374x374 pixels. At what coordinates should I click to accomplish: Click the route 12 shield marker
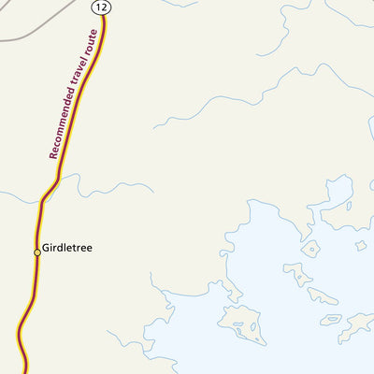point(100,7)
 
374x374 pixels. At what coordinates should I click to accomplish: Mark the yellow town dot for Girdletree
point(37,252)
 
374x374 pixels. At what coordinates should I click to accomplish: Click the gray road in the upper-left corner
point(37,23)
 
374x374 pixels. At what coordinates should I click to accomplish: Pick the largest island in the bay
point(245,324)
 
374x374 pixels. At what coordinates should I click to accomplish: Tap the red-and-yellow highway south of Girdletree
point(28,309)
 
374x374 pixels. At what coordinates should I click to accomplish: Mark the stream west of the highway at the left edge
point(14,197)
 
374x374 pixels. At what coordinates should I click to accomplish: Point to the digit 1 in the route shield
point(97,7)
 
